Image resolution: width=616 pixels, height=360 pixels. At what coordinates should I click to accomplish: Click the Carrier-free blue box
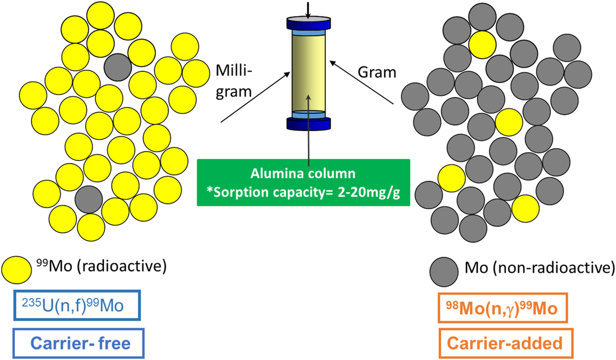(79, 343)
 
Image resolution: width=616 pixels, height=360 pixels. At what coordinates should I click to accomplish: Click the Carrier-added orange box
(505, 343)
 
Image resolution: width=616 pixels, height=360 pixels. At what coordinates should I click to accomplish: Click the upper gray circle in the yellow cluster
(117, 67)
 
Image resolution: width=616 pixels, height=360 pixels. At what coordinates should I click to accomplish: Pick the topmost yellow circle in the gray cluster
(482, 43)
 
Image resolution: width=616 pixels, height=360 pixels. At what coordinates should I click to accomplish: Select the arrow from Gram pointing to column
(361, 82)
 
